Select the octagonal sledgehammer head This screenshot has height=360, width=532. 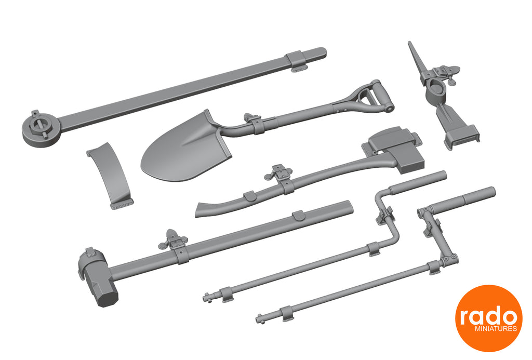(98, 278)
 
